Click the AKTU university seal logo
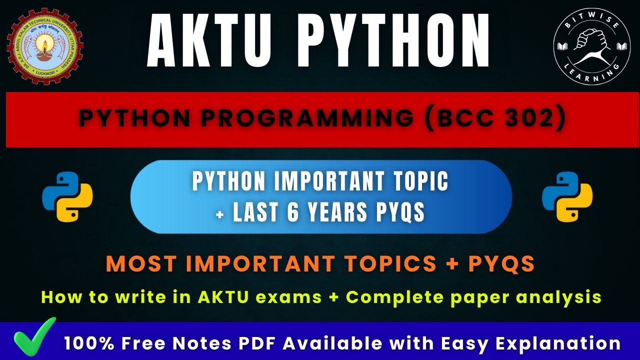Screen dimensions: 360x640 click(44, 46)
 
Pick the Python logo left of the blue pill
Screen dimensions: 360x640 click(67, 196)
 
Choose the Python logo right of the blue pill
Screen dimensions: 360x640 click(567, 196)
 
